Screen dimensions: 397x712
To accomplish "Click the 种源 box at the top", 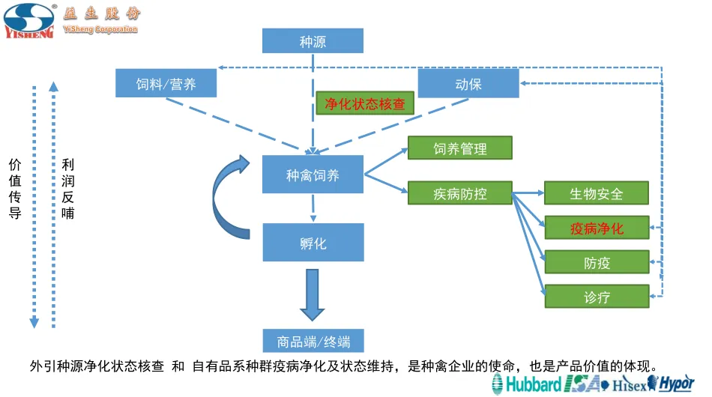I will [x=313, y=41].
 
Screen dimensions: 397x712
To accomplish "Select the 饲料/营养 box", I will [x=166, y=83].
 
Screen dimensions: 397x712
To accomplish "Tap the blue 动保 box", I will [x=468, y=83].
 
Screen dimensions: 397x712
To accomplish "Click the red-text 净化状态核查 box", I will [x=365, y=103].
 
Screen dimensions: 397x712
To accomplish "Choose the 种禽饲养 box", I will [x=313, y=175].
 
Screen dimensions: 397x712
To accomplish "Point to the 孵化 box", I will [x=313, y=243].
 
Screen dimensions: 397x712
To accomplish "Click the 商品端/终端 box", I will [x=313, y=342].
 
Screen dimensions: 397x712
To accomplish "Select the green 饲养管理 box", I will [x=459, y=148].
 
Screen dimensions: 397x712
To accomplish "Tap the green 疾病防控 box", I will [x=459, y=193].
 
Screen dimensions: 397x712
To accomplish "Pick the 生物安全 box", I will [x=597, y=193].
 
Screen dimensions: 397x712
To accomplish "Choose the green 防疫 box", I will [x=597, y=262].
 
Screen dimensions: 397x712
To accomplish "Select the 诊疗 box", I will [x=597, y=297].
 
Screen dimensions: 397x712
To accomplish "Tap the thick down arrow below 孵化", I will [x=313, y=294].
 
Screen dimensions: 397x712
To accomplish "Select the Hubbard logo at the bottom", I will [x=526, y=384].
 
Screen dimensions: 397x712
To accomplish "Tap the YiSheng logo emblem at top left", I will [x=28, y=21].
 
